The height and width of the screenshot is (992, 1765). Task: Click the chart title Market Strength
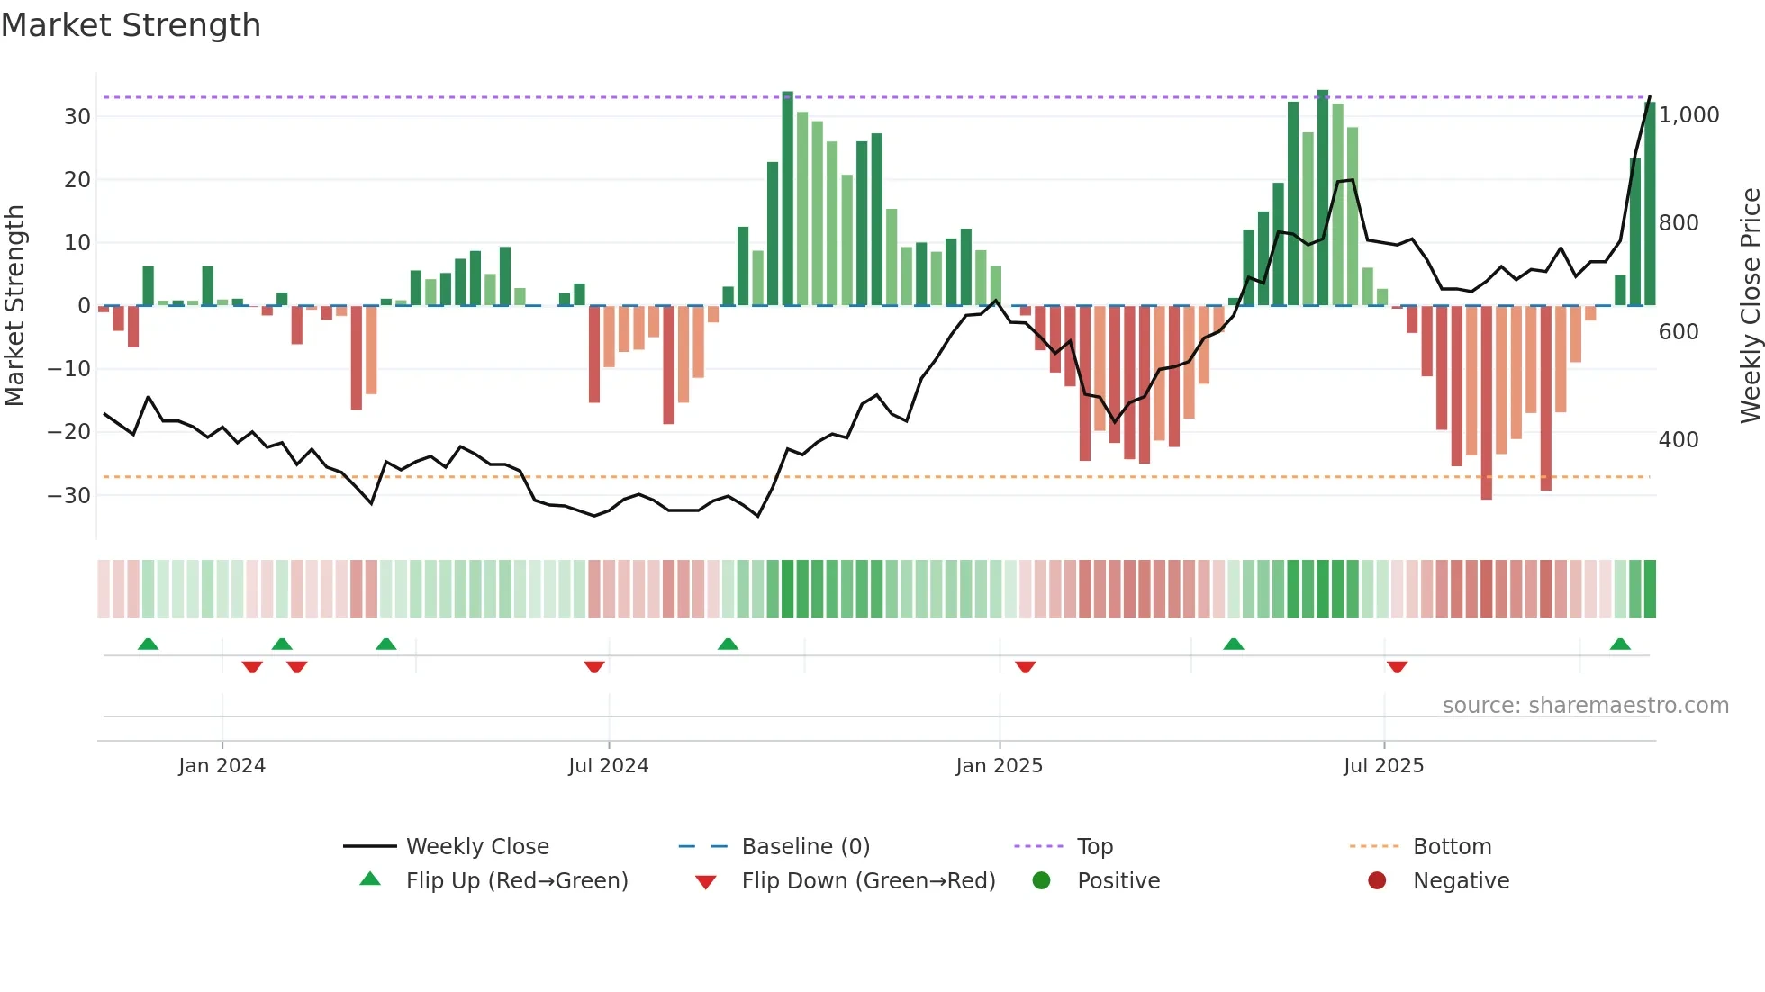pos(131,25)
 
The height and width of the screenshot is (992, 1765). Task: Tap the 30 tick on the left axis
pos(77,117)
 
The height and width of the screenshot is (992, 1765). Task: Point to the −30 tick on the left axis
pos(69,495)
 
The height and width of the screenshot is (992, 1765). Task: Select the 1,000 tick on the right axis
pos(1688,115)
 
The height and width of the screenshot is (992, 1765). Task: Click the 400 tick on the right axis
pos(1678,440)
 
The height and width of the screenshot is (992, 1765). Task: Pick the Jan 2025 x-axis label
pos(999,766)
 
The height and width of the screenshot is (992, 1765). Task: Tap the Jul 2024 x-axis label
pos(608,766)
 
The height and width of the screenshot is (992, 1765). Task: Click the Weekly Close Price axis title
pos(1750,306)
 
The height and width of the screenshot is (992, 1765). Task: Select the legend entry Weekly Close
pos(476,847)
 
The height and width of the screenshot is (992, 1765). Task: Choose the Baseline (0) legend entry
pos(805,847)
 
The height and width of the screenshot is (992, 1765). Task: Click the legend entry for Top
pos(1094,847)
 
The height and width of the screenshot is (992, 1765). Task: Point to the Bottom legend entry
pos(1452,847)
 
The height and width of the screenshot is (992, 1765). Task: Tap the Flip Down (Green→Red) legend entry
pos(867,881)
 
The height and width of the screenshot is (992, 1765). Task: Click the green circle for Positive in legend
pos(1041,881)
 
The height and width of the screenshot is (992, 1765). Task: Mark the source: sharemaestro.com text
pos(1585,706)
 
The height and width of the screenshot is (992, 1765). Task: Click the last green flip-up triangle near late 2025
pos(1619,645)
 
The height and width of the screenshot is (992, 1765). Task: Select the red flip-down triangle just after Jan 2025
pos(1025,667)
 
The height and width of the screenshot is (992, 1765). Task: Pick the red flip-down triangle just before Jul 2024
pos(593,667)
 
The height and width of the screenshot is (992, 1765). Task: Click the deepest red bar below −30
pos(1486,405)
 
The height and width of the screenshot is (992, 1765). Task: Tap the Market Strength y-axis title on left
pos(14,306)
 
